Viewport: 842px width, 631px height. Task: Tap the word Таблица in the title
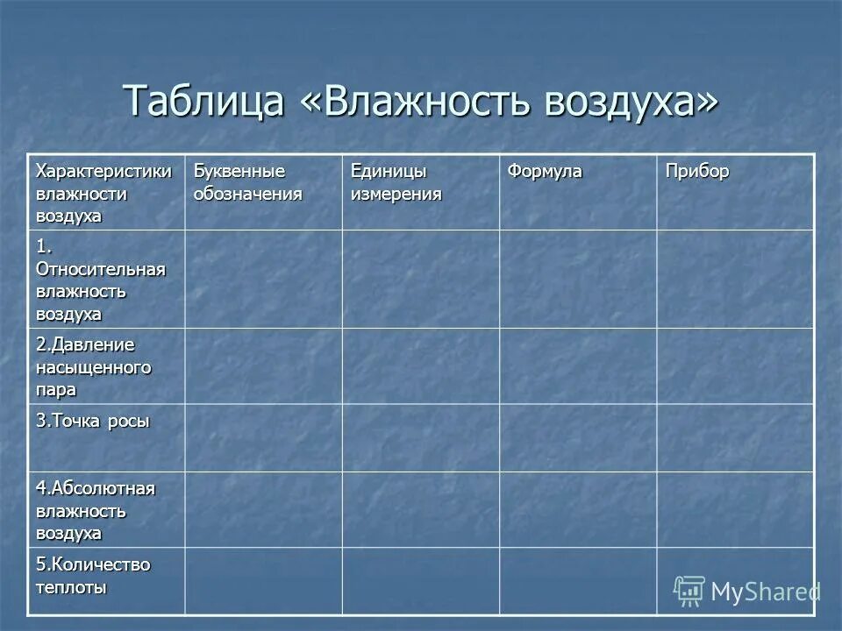tap(204, 102)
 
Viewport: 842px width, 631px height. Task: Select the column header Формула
tap(545, 172)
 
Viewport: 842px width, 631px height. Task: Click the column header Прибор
tap(697, 172)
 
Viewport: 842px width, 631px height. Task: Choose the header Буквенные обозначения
tap(248, 182)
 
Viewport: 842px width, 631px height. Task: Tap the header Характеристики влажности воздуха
tap(104, 193)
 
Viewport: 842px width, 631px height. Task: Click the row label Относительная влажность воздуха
tap(101, 280)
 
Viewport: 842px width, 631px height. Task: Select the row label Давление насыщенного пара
tap(93, 366)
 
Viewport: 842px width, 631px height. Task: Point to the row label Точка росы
tap(93, 421)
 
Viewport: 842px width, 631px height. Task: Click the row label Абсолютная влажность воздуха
tap(96, 510)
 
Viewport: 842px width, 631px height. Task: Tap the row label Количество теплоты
tap(93, 576)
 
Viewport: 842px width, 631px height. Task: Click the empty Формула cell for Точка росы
tap(578, 437)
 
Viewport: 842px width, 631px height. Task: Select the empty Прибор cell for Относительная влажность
tap(735, 279)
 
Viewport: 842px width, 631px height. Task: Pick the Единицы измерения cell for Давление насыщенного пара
tap(420, 365)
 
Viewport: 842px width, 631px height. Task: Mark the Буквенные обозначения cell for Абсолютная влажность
tap(263, 509)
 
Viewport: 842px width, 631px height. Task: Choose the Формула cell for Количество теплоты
tap(578, 580)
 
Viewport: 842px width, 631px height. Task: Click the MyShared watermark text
tap(766, 592)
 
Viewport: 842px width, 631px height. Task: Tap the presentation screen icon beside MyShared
tap(689, 591)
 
